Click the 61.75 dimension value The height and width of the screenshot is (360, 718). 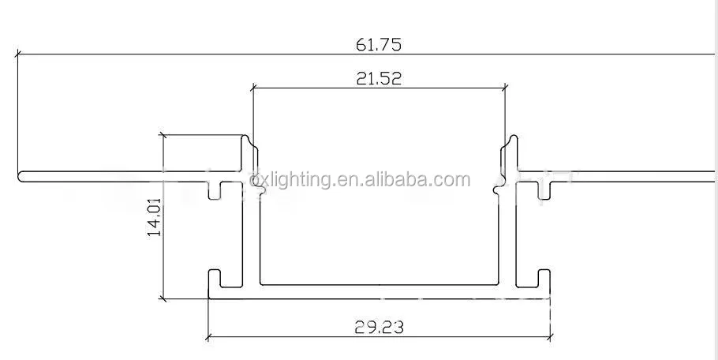(379, 44)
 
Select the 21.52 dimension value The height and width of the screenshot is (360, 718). (379, 77)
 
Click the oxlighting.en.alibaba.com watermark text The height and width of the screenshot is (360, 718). (359, 181)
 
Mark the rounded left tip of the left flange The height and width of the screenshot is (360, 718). (20, 176)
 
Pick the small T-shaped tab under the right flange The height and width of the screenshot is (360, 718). (544, 189)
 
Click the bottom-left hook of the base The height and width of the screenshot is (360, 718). (215, 280)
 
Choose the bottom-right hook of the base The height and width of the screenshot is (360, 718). (544, 280)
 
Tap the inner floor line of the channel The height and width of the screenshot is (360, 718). (380, 283)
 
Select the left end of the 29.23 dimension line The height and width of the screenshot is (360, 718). (208, 338)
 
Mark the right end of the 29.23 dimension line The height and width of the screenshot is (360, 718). (550, 338)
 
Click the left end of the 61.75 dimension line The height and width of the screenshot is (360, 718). (17, 54)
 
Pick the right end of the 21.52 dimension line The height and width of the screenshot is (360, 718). (507, 88)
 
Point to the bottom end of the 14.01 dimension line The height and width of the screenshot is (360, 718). (163, 298)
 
